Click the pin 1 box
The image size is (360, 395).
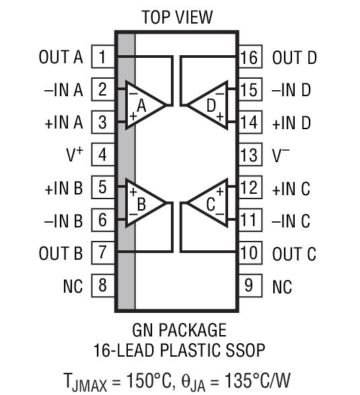(102, 57)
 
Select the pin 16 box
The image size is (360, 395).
(249, 57)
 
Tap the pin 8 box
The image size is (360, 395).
(102, 286)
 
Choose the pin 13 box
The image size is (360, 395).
(249, 155)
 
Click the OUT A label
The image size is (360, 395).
(61, 57)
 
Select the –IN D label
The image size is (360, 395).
(291, 89)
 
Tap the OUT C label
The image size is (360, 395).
(294, 254)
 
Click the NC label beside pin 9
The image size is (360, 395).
(283, 287)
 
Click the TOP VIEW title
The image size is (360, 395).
(176, 17)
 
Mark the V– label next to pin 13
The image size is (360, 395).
(281, 155)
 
